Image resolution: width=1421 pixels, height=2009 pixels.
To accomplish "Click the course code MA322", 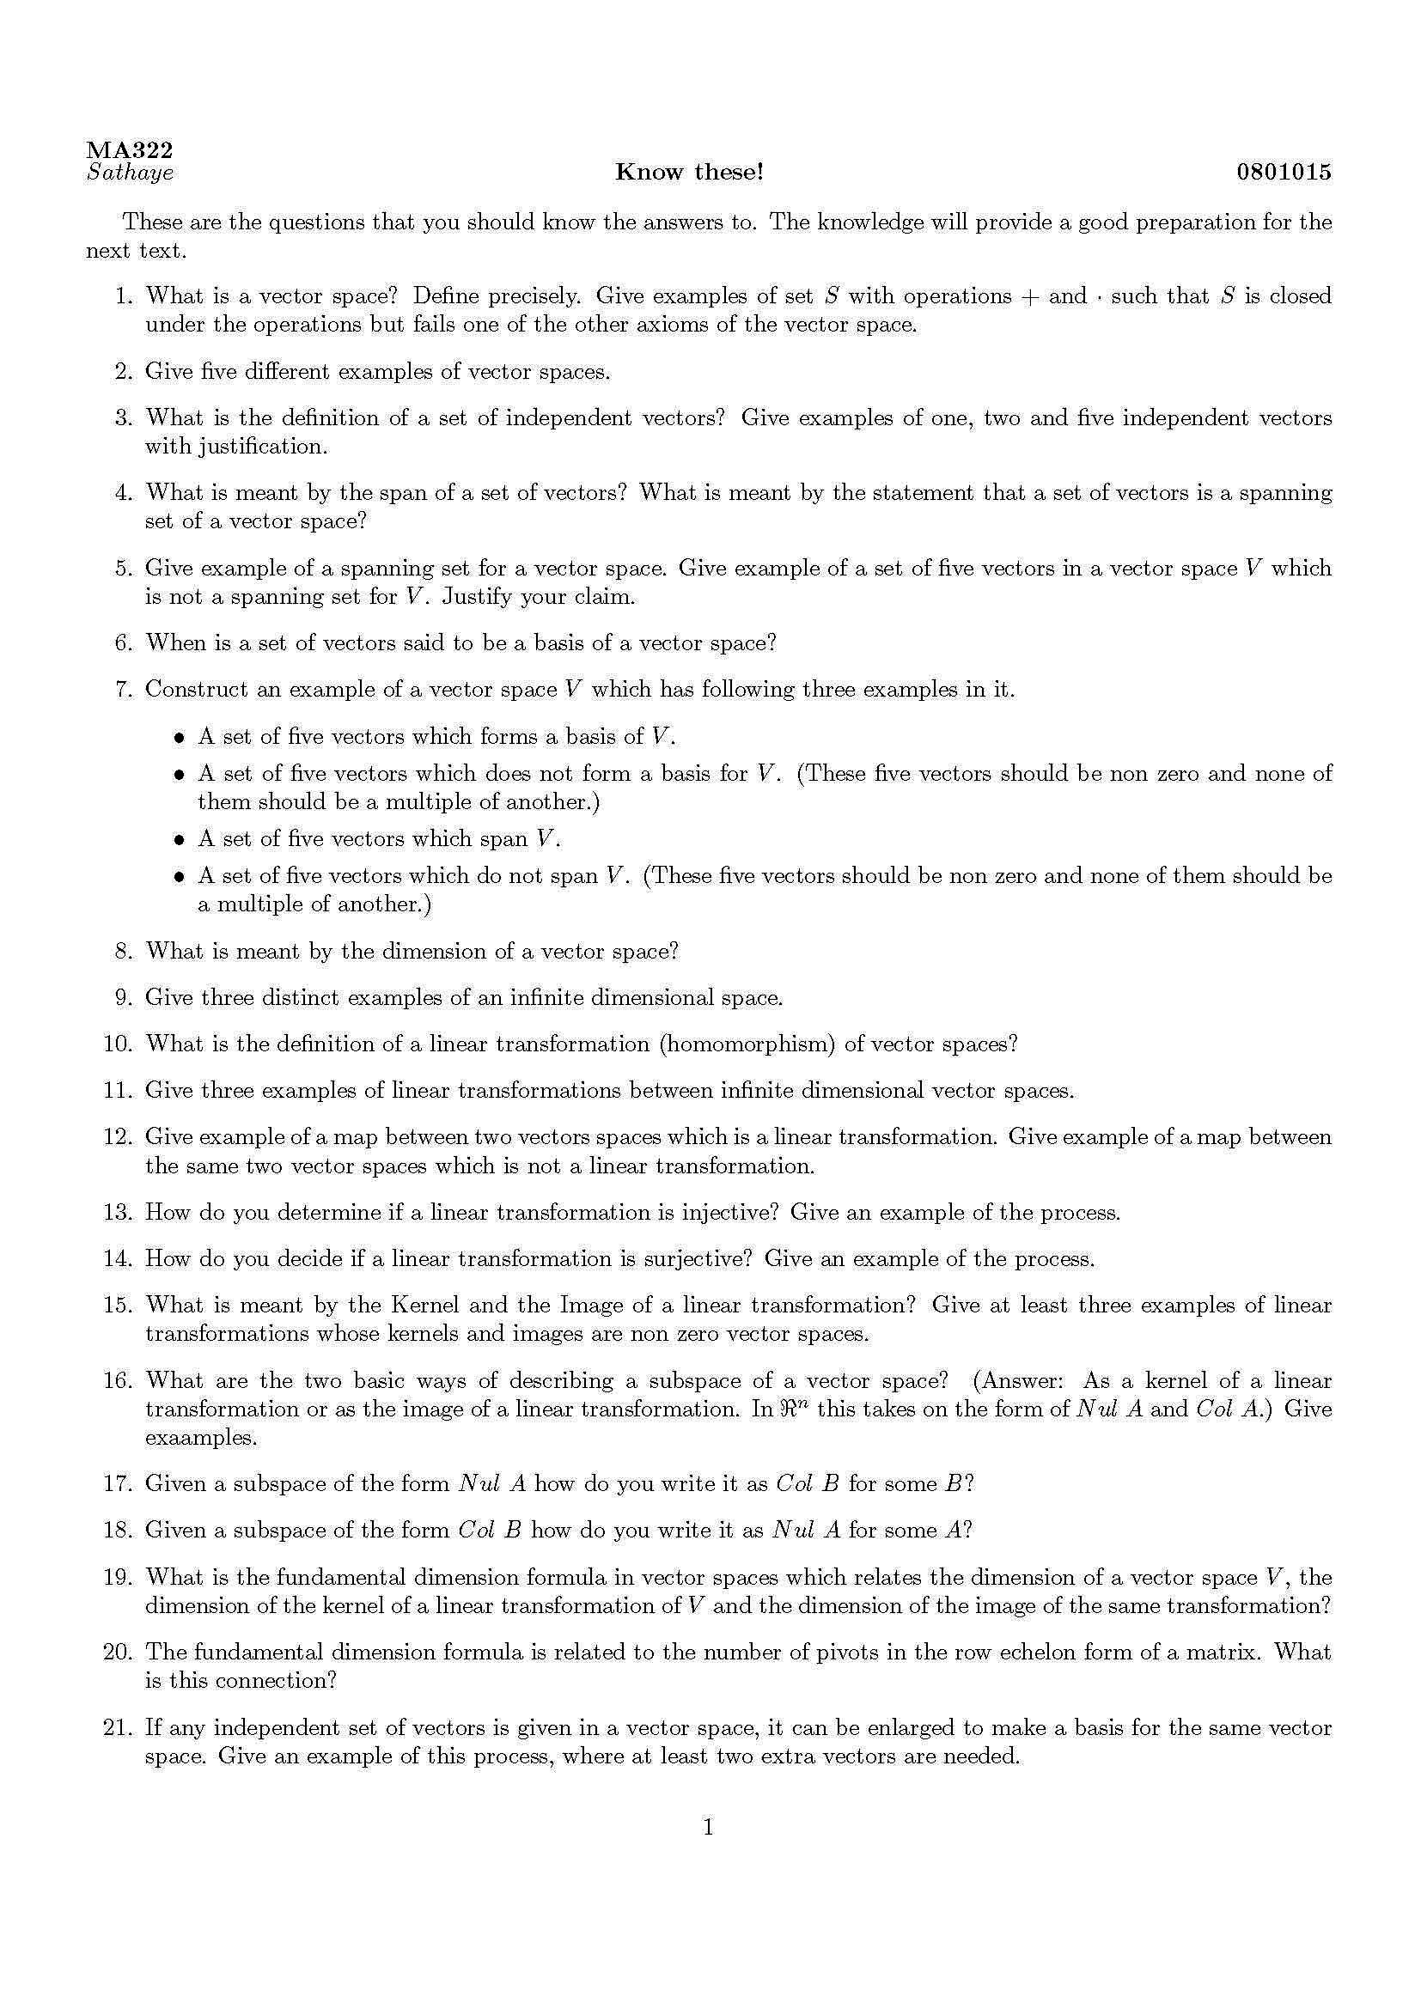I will (x=130, y=150).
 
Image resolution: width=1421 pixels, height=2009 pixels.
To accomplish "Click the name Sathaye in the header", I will (x=131, y=173).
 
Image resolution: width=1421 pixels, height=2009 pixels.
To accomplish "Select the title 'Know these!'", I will (x=689, y=173).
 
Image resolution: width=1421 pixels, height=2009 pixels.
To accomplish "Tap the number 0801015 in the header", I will (x=1284, y=173).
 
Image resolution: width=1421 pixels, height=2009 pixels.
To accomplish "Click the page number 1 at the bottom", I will (x=709, y=1827).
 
